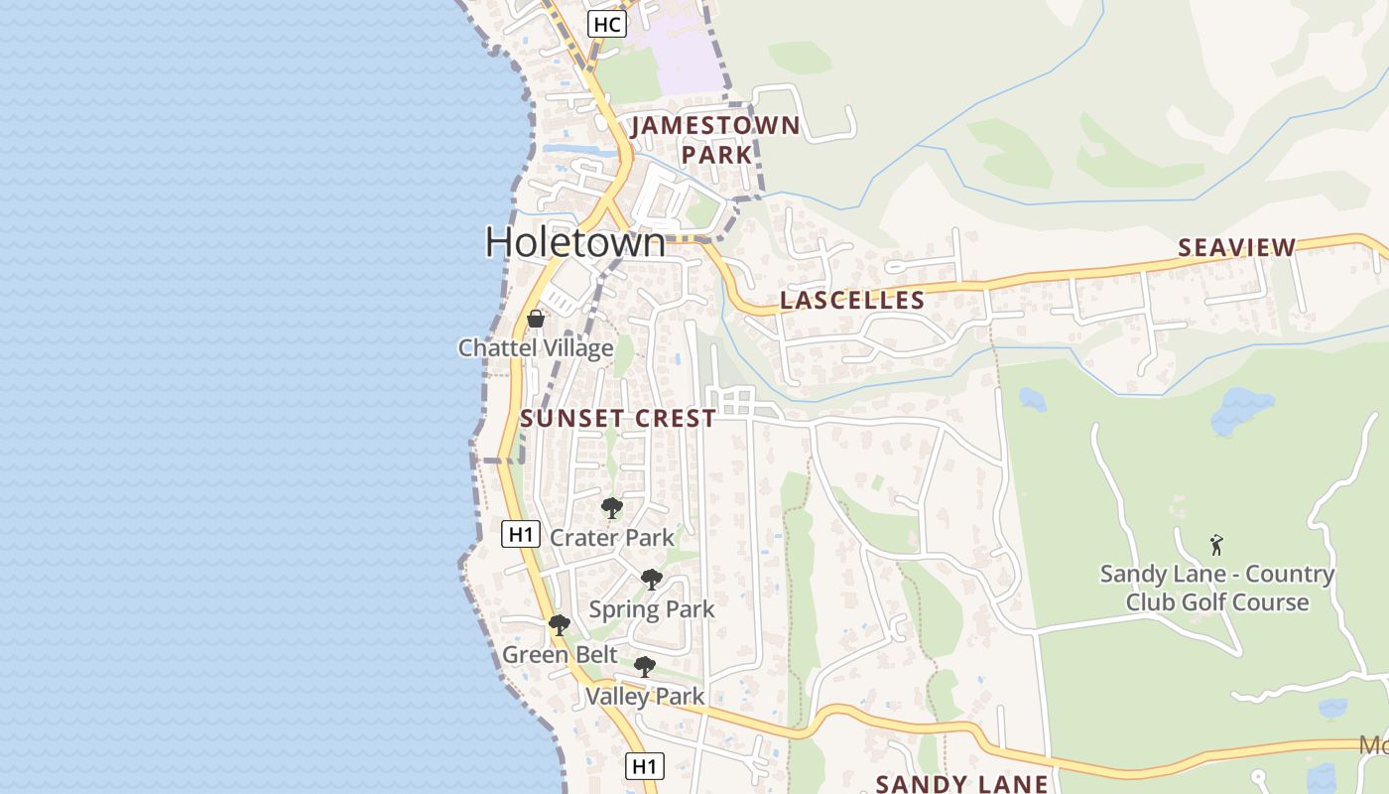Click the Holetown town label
pyautogui.click(x=574, y=243)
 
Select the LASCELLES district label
pyautogui.click(x=852, y=300)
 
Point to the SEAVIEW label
pyautogui.click(x=1236, y=247)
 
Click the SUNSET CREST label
pyautogui.click(x=618, y=418)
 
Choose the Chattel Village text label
pyautogui.click(x=535, y=348)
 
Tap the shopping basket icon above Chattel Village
pyautogui.click(x=536, y=319)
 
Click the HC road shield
pyautogui.click(x=606, y=24)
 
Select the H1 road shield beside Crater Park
pyautogui.click(x=520, y=534)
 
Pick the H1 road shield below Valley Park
pyautogui.click(x=645, y=765)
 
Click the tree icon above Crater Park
pyautogui.click(x=612, y=508)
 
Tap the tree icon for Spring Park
pyautogui.click(x=651, y=580)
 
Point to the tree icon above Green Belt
pyautogui.click(x=560, y=625)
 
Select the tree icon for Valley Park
pyautogui.click(x=645, y=667)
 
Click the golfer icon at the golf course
pyautogui.click(x=1216, y=545)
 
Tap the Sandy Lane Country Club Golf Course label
pyautogui.click(x=1216, y=588)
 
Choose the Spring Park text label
pyautogui.click(x=652, y=608)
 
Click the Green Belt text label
pyautogui.click(x=560, y=655)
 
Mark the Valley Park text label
pyautogui.click(x=645, y=696)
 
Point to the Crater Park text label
pyautogui.click(x=612, y=538)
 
